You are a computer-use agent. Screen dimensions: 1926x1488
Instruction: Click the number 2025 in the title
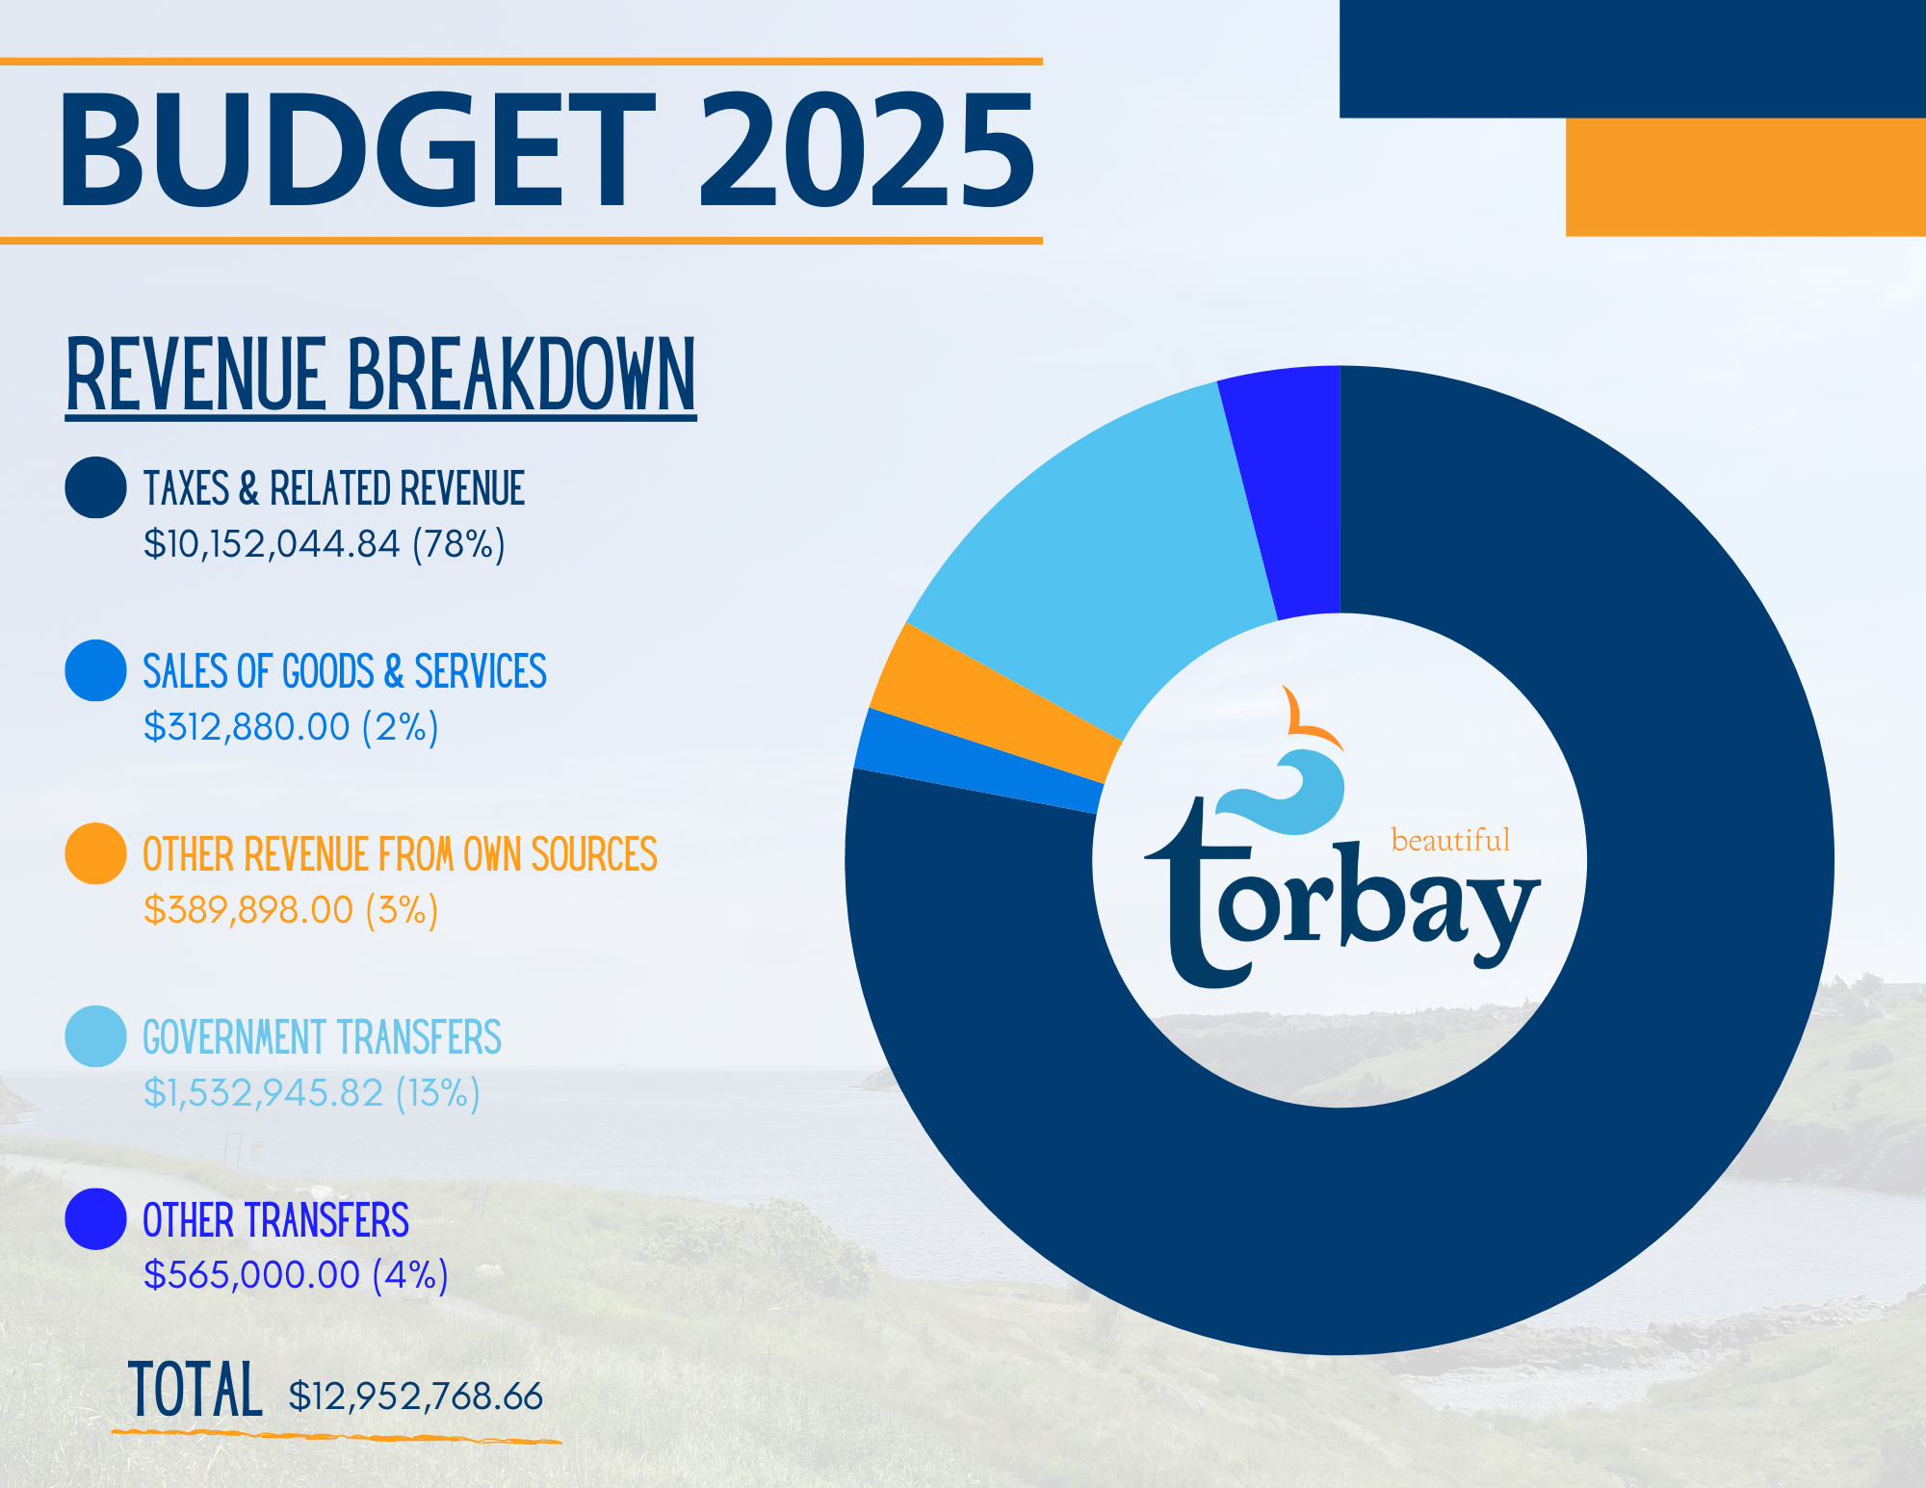coord(867,150)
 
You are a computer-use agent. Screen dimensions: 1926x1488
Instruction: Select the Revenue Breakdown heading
coord(380,376)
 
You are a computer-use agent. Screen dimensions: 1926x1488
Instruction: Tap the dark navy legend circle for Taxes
coord(95,487)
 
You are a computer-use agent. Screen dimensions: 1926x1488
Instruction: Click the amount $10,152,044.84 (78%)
coord(325,544)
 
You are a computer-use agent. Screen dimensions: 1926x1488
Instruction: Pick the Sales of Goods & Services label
coord(345,671)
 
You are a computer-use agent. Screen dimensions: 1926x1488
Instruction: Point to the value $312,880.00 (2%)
coord(291,727)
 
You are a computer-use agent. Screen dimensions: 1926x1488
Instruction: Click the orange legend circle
coord(95,853)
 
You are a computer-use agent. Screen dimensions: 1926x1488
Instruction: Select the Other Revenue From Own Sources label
coord(400,854)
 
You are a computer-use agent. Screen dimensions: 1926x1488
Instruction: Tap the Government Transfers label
coord(322,1037)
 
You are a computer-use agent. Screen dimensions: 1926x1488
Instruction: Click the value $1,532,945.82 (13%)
coord(311,1093)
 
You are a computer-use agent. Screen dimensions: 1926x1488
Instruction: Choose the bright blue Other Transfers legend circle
coord(95,1219)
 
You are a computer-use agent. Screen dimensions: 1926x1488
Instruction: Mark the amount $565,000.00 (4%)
coord(296,1275)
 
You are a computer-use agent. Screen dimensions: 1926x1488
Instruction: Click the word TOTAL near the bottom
coord(195,1390)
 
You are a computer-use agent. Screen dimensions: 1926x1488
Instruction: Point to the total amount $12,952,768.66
coord(416,1397)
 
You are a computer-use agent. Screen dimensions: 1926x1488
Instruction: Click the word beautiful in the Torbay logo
coord(1450,840)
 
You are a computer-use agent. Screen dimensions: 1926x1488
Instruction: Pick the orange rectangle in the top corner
coord(1746,177)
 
